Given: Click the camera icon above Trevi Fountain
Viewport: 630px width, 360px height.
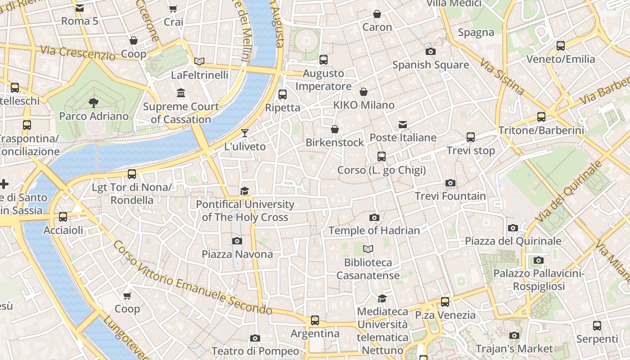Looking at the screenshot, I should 450,183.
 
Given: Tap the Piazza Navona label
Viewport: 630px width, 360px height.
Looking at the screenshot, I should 237,254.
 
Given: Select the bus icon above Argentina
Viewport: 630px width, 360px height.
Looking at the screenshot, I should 315,320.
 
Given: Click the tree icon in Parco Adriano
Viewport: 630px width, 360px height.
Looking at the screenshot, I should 94,103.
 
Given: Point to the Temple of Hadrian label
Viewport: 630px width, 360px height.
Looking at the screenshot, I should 374,230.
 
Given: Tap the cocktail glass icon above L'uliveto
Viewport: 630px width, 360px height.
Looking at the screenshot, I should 245,133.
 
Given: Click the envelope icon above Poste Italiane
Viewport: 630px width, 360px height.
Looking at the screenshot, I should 403,125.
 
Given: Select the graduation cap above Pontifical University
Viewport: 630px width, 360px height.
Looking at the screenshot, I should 244,191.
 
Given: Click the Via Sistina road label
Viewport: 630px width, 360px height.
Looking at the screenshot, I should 501,77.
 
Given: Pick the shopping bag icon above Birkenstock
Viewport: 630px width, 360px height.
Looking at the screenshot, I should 335,130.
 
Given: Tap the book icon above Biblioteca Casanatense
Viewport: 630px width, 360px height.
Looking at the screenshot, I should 368,249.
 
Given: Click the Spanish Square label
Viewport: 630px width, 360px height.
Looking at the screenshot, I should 431,65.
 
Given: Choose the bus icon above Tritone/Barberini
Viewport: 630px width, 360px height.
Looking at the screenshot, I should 541,117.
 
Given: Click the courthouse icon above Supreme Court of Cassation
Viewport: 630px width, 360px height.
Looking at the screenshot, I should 181,93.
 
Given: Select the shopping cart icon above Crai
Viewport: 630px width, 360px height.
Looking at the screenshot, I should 173,9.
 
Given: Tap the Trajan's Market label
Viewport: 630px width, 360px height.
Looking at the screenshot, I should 514,349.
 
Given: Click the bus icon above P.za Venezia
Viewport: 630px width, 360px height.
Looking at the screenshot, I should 445,302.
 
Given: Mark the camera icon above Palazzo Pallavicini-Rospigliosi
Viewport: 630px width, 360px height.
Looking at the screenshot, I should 538,260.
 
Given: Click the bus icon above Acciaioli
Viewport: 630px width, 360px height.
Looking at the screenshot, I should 63,217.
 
